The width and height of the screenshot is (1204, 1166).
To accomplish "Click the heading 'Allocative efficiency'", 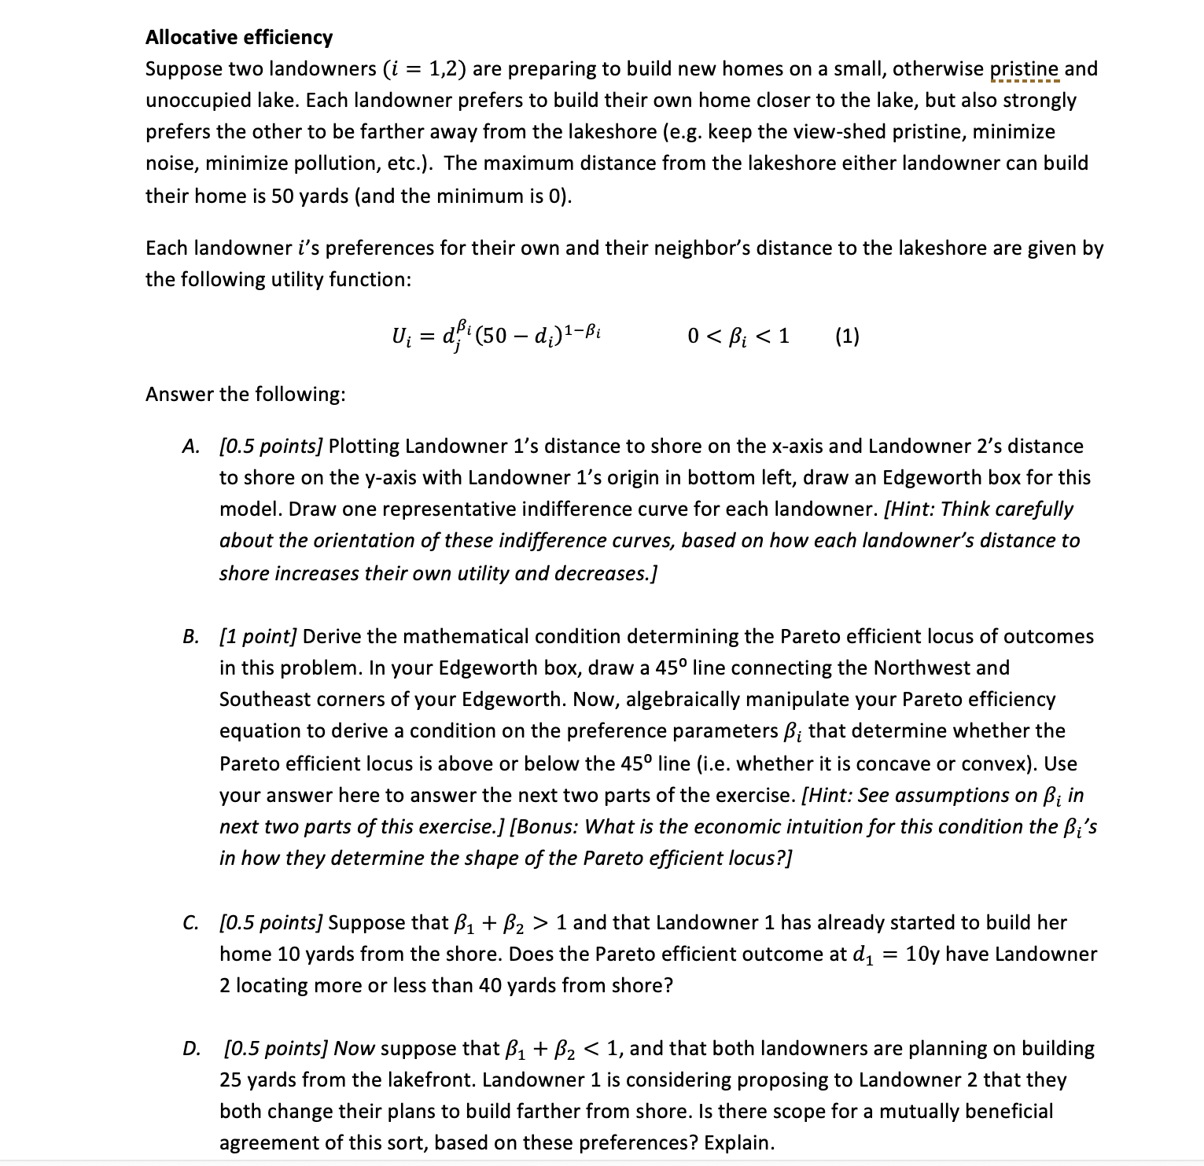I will click(x=239, y=37).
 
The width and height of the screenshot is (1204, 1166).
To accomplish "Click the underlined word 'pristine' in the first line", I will click(x=1024, y=69).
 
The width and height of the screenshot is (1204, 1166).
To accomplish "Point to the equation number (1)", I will click(x=847, y=337).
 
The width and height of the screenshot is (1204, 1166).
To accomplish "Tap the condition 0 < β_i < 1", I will click(x=738, y=337).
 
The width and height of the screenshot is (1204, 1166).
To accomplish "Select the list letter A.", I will click(x=190, y=447).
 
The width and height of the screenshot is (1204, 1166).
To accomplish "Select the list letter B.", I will click(x=190, y=636).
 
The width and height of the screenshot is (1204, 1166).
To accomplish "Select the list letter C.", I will click(x=190, y=922).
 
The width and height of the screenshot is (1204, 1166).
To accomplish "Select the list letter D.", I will click(x=190, y=1048).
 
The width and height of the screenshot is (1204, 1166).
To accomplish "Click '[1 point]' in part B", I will click(x=258, y=636).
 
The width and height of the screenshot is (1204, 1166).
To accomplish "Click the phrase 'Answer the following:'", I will click(x=245, y=394).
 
